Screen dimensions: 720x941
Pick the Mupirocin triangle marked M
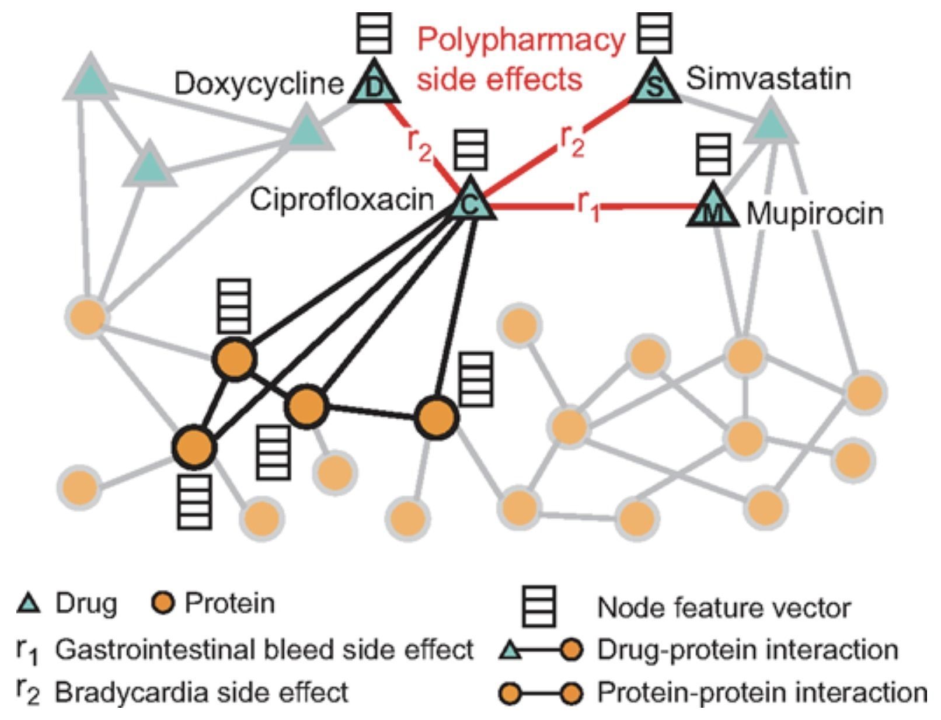712,209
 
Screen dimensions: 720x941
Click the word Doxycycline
259,84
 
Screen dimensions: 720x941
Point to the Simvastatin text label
768,78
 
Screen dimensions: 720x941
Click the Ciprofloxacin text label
342,200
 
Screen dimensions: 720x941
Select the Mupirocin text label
815,214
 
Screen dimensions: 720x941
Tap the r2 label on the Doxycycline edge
419,144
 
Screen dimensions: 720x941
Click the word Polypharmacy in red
521,41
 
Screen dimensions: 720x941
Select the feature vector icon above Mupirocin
713,154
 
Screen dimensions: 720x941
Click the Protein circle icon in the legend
165,603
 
